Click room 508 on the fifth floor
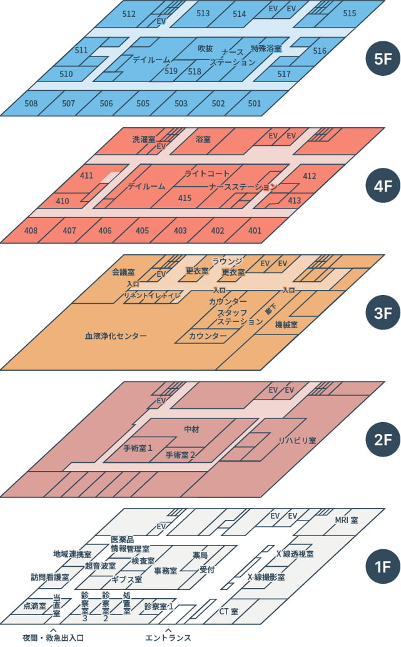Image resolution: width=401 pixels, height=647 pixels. [x=30, y=103]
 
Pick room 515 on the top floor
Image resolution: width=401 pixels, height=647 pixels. [x=350, y=13]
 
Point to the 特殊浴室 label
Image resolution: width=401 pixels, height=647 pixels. [x=266, y=48]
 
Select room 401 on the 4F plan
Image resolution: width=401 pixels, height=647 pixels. [x=255, y=230]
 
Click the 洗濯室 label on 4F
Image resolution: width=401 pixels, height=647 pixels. [x=143, y=139]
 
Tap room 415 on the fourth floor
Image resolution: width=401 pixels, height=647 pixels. [x=185, y=198]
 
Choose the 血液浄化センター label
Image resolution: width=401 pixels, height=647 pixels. [x=116, y=336]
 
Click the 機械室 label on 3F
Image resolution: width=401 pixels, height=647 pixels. [x=286, y=325]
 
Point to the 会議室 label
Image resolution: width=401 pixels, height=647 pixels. [x=124, y=272]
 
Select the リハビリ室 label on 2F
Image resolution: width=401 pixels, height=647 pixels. [x=297, y=441]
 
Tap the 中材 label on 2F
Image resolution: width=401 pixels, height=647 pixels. [x=191, y=429]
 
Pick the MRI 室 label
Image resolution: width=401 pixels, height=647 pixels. [x=346, y=520]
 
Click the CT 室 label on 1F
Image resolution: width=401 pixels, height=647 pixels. [x=228, y=611]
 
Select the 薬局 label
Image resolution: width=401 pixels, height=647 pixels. [x=200, y=555]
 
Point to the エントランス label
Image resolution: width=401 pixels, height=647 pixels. [x=168, y=638]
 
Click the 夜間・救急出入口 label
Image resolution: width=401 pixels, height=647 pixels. [x=53, y=638]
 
